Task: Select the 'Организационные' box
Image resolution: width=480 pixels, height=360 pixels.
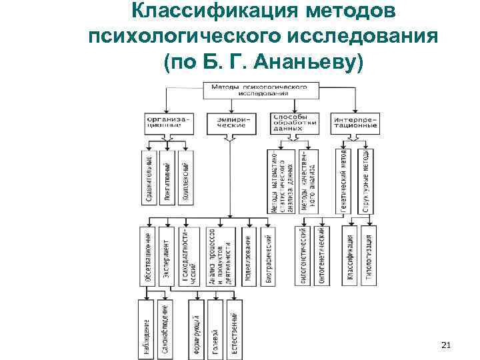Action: (167, 122)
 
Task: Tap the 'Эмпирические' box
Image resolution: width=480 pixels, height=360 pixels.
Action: (231, 122)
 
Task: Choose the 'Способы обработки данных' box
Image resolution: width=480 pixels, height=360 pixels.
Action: (293, 121)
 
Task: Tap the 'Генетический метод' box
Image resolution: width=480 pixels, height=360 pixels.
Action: (343, 180)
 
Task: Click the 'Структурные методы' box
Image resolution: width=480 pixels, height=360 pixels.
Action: (367, 180)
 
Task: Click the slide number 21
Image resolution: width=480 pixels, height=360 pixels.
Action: (447, 345)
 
